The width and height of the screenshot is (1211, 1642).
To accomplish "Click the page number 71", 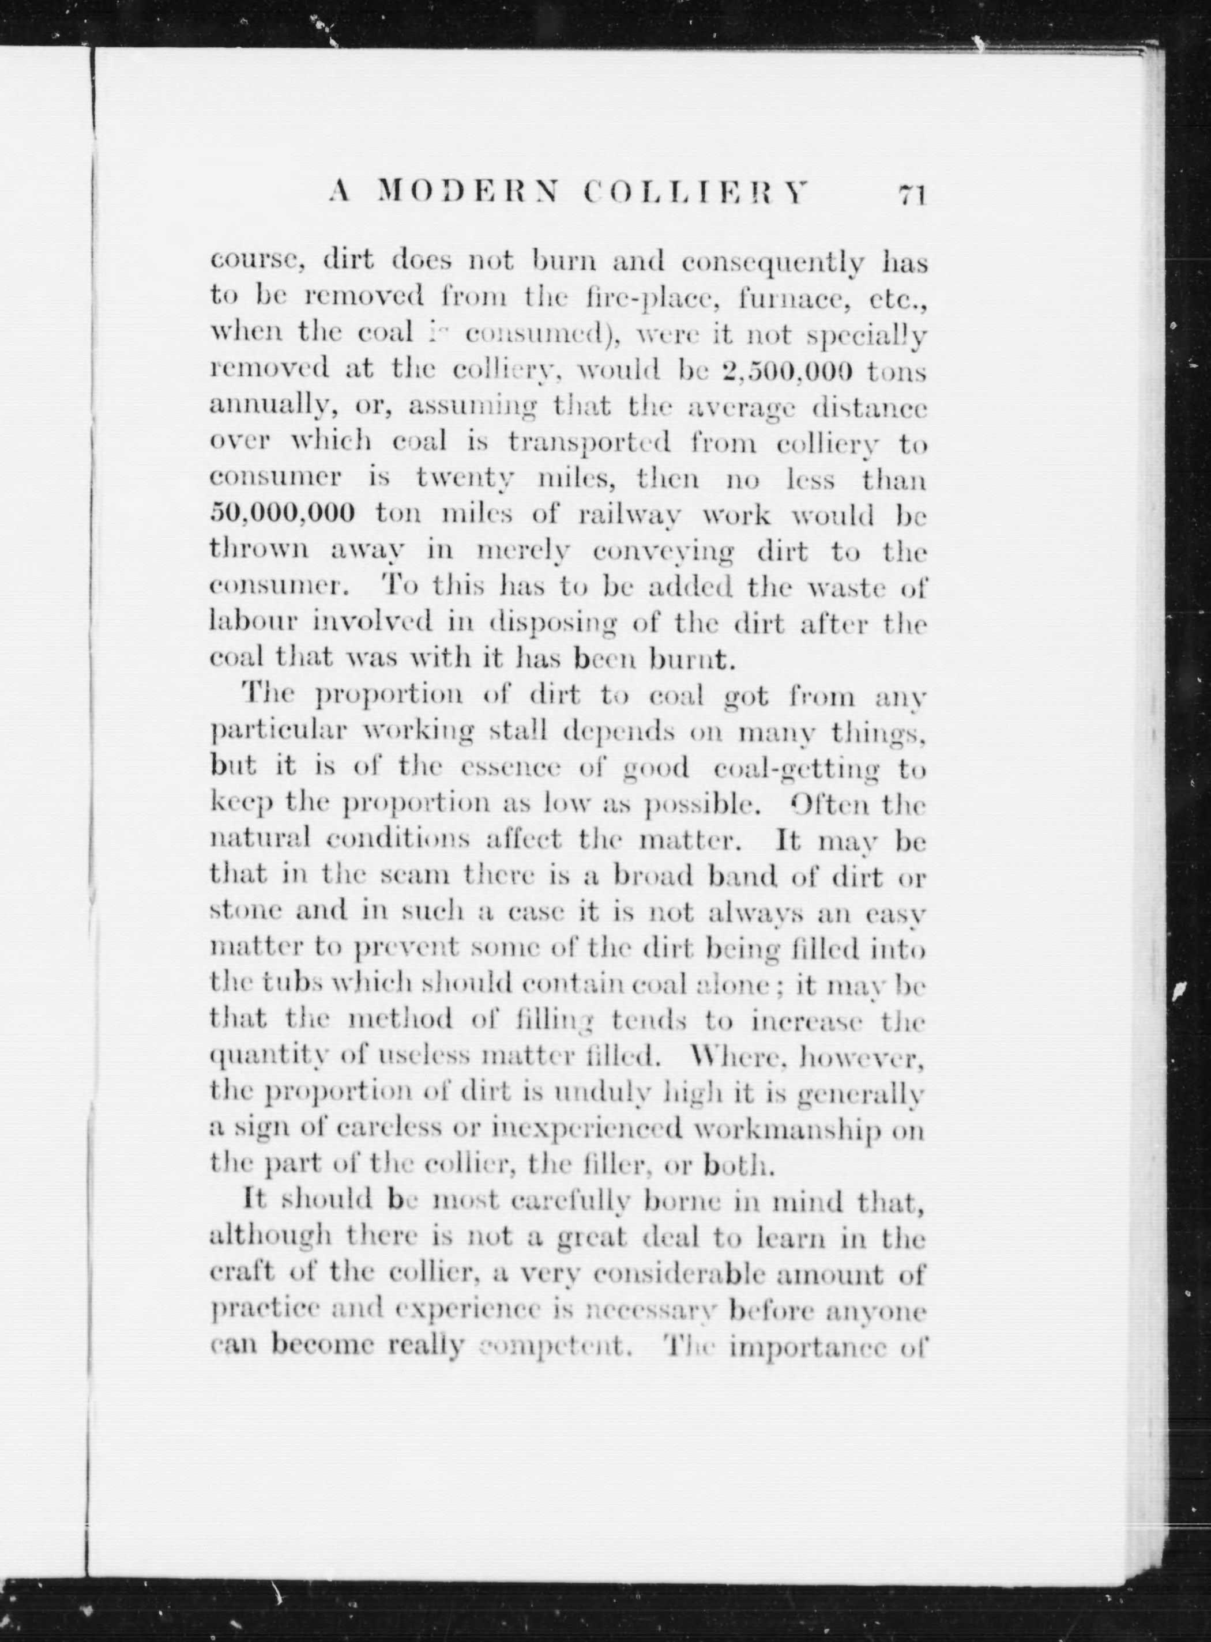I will (x=912, y=195).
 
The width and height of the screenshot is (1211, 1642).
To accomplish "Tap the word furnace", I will (x=789, y=298).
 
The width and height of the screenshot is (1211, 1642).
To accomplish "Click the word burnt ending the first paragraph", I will (x=693, y=659).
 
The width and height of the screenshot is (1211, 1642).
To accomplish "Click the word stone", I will (x=243, y=912).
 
